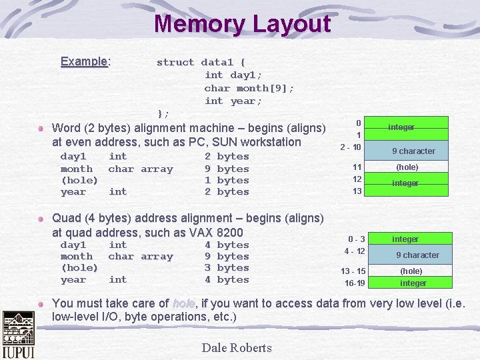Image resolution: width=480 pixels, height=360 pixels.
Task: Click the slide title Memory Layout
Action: (x=242, y=24)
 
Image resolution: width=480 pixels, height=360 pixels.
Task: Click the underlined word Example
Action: (x=84, y=61)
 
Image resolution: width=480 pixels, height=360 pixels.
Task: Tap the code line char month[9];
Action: (x=249, y=88)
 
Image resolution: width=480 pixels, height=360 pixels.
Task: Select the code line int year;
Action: (x=233, y=101)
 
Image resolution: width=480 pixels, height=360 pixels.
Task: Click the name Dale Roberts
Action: (x=237, y=347)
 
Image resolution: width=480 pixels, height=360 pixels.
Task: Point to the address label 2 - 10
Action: (x=351, y=147)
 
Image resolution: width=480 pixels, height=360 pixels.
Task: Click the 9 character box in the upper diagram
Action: (x=413, y=151)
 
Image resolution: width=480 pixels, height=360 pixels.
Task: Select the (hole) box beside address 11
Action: (x=407, y=167)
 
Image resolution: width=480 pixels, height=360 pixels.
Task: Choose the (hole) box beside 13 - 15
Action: (x=411, y=271)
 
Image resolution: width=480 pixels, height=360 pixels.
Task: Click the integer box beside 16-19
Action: (x=413, y=283)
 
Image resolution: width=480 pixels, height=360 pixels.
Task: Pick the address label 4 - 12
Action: (x=355, y=251)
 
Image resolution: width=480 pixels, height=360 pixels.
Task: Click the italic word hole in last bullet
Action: (x=183, y=303)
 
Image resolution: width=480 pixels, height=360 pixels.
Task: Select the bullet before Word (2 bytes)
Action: (x=41, y=128)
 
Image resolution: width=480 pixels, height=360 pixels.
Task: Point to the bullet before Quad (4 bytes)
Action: (x=41, y=219)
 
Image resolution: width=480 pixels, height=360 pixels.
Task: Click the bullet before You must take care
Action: (x=41, y=303)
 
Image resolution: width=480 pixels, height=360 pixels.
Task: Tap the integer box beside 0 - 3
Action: (x=405, y=239)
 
